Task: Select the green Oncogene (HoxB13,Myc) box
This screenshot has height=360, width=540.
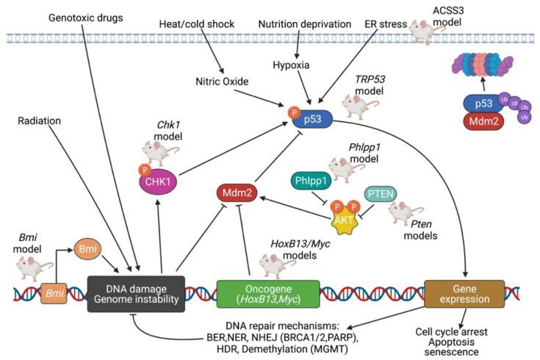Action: click(x=268, y=292)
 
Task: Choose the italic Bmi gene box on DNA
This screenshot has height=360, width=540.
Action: click(x=54, y=292)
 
